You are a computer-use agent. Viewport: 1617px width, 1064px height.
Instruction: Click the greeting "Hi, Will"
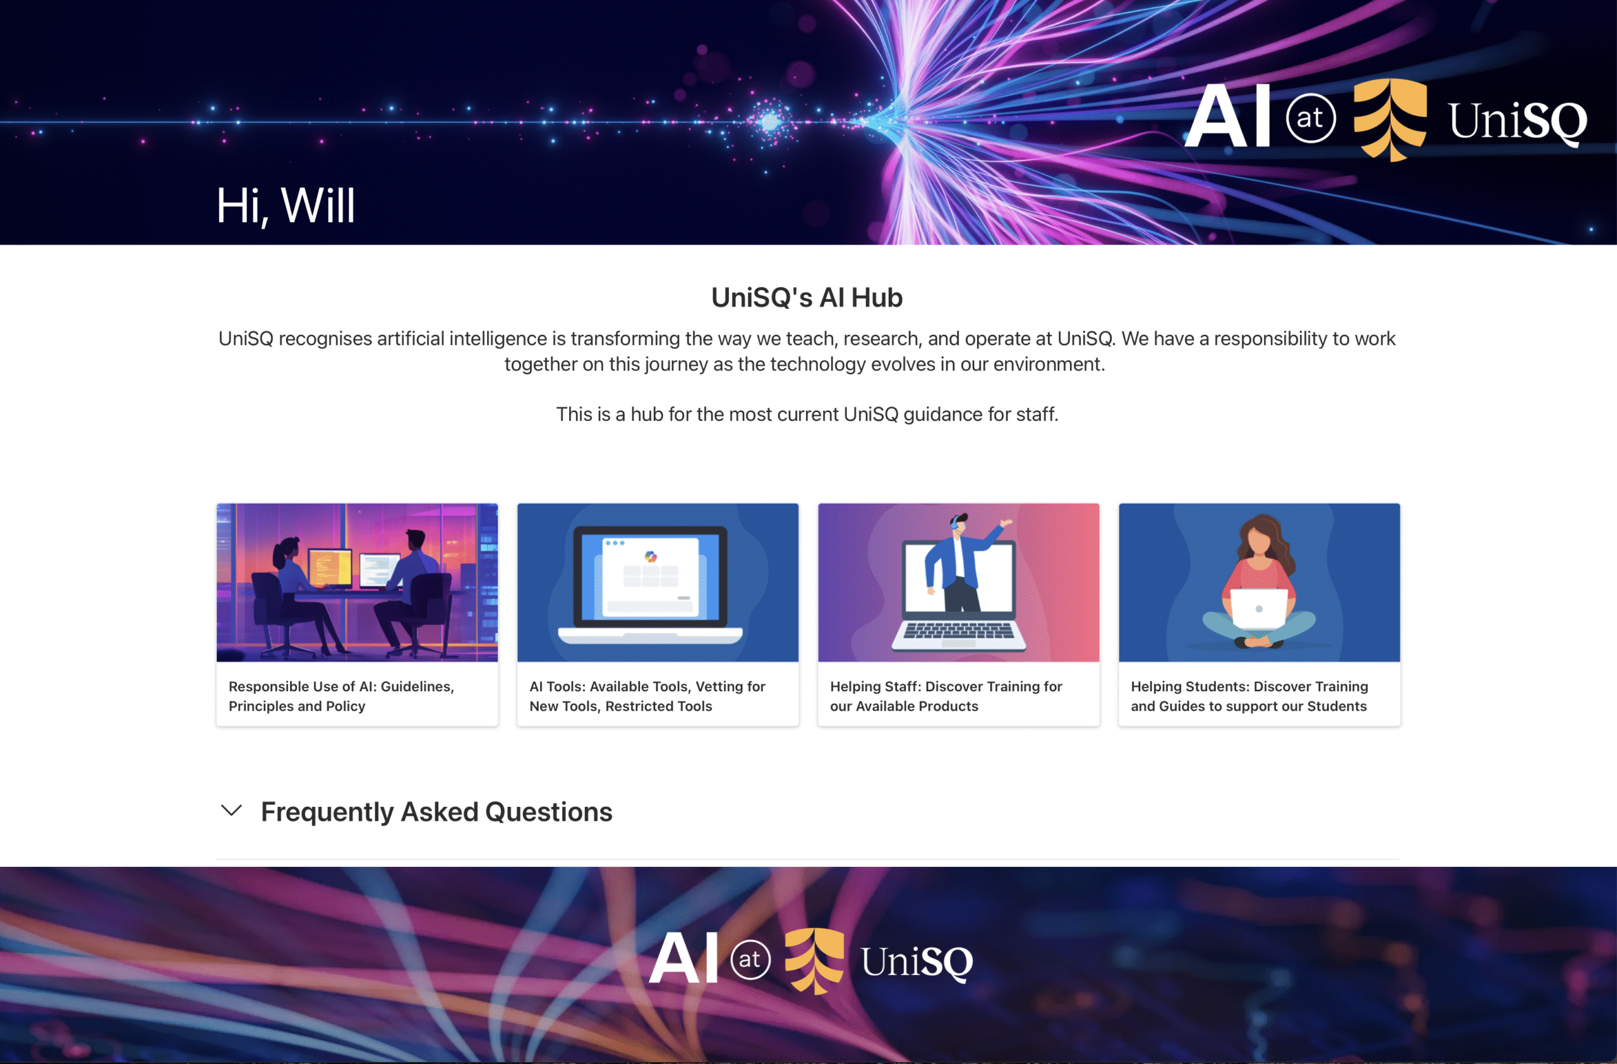point(286,206)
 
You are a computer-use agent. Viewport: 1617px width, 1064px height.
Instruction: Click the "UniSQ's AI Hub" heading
point(807,298)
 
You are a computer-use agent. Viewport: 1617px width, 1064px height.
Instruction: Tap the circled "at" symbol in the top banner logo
point(1311,118)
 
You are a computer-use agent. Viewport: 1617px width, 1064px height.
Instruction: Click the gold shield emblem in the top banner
point(1390,119)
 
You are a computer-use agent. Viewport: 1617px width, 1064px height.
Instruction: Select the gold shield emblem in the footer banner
point(814,960)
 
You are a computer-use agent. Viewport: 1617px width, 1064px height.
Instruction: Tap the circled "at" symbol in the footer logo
point(750,959)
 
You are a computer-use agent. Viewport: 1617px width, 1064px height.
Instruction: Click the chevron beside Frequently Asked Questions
point(232,811)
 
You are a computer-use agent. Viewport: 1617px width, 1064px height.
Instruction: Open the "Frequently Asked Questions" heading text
point(437,812)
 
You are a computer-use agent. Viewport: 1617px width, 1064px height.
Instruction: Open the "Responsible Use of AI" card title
point(341,696)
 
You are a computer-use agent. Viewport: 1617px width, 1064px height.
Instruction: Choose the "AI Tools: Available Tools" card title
point(647,696)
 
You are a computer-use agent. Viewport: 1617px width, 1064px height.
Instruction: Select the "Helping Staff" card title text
point(946,696)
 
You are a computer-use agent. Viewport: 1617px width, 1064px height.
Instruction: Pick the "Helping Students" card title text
point(1249,696)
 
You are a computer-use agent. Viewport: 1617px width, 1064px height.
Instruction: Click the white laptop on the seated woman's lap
point(1259,610)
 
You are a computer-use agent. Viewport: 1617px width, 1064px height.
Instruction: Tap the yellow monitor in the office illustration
point(330,569)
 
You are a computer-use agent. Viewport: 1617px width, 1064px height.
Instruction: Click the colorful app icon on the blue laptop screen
point(651,557)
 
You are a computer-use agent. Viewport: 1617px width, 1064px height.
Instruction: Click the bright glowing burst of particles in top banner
point(770,121)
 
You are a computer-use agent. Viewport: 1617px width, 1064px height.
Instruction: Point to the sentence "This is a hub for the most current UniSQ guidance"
point(807,414)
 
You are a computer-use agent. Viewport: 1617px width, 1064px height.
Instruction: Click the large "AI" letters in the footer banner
point(683,958)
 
